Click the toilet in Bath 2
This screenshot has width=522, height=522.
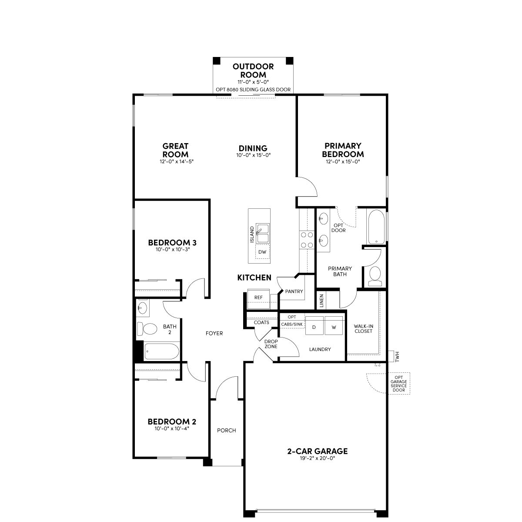tap(147, 329)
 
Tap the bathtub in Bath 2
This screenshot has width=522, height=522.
tap(161, 351)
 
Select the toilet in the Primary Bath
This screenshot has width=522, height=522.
tap(375, 276)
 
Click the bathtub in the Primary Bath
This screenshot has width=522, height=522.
tap(376, 227)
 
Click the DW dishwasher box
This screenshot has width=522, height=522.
tap(262, 252)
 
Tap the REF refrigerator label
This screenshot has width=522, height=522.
tap(258, 298)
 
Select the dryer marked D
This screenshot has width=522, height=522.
tap(314, 326)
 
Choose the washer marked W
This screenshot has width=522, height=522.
tap(334, 326)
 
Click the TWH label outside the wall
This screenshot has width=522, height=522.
tap(398, 357)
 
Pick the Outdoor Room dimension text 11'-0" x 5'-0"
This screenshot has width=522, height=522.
tap(253, 82)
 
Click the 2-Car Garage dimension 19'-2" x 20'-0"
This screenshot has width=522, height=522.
tap(318, 458)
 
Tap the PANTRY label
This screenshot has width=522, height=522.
tap(294, 291)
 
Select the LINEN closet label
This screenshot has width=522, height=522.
tap(322, 301)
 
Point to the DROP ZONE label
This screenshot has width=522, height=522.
tap(271, 344)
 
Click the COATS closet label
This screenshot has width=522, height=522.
tap(261, 322)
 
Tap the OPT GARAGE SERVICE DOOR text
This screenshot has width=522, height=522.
tap(399, 384)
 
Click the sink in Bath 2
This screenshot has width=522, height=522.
tap(143, 308)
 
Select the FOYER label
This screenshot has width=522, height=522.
tap(214, 334)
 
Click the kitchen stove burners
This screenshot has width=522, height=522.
tap(307, 240)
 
